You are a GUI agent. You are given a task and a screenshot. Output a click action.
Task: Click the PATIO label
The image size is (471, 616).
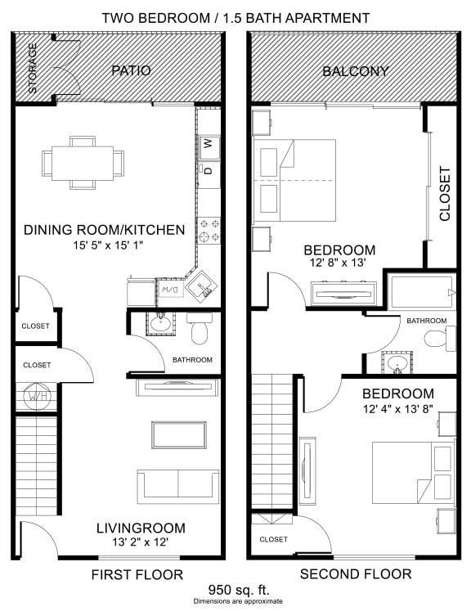[131, 70]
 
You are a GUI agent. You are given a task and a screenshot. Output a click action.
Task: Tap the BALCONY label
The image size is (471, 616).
[355, 71]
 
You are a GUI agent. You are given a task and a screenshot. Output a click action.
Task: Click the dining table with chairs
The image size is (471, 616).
[82, 161]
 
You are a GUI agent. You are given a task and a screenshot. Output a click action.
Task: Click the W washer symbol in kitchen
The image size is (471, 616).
[208, 144]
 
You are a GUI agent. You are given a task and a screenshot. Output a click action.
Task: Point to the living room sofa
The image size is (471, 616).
[177, 486]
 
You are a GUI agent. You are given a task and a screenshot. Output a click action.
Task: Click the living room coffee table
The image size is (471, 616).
[177, 434]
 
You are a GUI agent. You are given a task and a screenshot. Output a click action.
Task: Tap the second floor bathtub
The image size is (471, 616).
[422, 291]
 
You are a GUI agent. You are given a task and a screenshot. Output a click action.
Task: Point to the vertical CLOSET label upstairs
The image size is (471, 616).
[445, 194]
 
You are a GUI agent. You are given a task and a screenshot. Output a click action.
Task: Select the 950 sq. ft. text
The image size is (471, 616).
[235, 589]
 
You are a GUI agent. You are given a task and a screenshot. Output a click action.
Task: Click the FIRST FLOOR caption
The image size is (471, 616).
[138, 574]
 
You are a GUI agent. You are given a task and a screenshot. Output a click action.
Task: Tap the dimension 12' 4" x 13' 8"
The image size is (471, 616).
[398, 408]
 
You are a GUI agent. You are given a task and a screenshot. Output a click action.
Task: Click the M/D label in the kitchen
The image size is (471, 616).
[169, 290]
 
